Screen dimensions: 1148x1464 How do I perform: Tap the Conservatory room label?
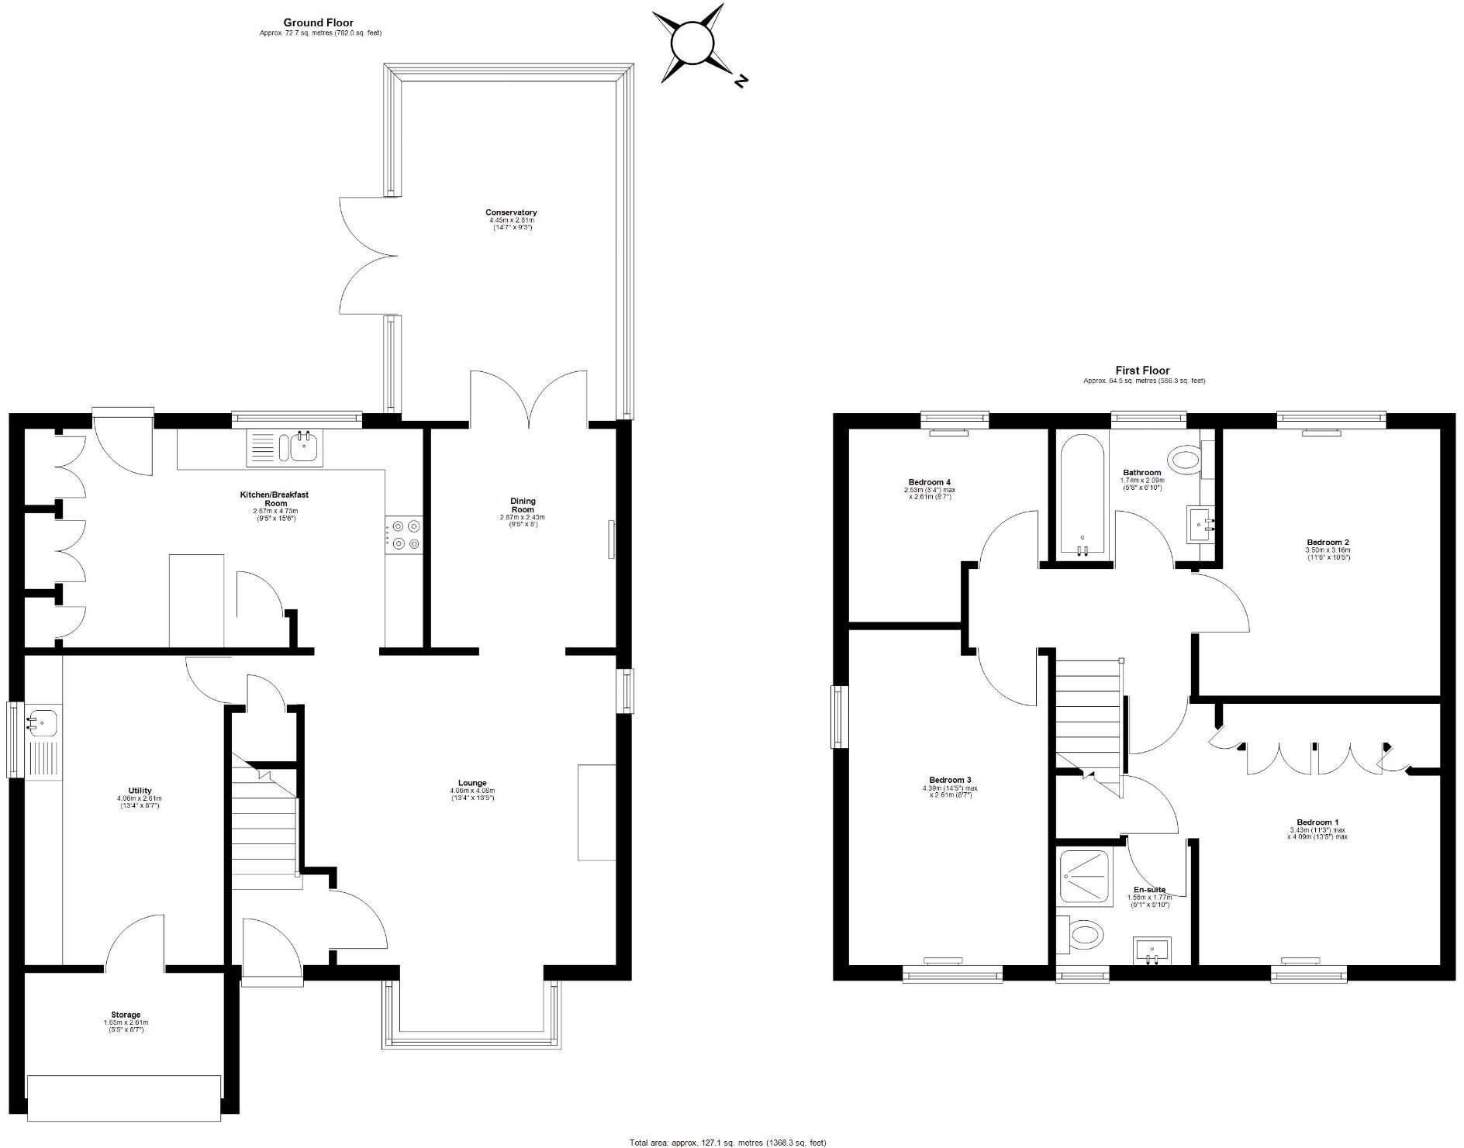tap(511, 212)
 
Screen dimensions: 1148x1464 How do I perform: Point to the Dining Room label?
tap(523, 505)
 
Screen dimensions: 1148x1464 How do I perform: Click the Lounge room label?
tap(471, 783)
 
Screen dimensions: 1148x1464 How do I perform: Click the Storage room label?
tap(126, 1015)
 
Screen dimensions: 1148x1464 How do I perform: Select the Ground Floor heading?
tap(318, 22)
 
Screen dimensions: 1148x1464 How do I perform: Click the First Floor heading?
tap(1142, 371)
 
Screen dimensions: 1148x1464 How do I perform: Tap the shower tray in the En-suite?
tap(1084, 876)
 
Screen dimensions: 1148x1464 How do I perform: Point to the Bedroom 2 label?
tap(1328, 543)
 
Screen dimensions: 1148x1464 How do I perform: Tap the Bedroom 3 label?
tap(949, 780)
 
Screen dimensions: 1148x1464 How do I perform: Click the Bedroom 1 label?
tap(1317, 822)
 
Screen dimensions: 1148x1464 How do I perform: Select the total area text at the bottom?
tap(727, 1143)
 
